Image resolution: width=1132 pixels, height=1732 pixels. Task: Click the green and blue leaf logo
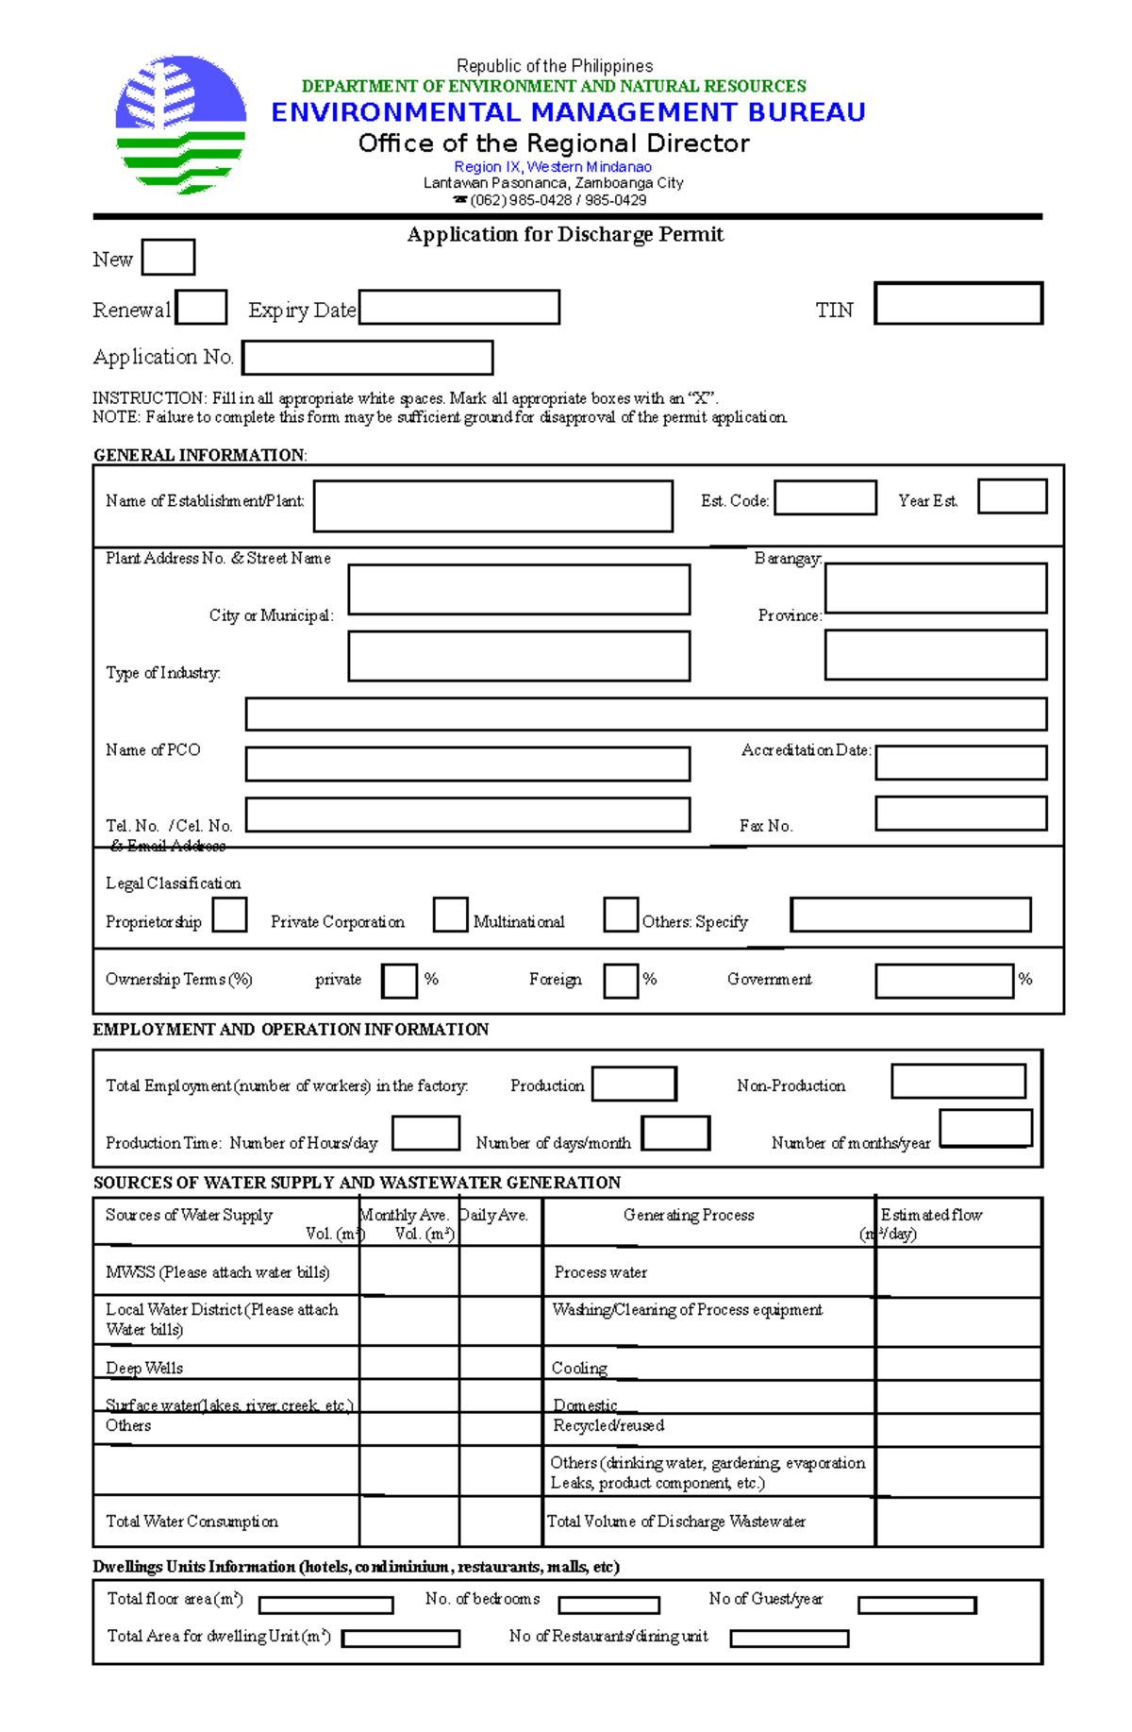180,125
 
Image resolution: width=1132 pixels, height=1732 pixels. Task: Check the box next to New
168,257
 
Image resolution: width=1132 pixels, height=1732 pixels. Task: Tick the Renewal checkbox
202,307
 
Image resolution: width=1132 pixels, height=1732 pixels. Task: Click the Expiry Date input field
459,307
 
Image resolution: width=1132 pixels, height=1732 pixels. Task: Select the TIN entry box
957,303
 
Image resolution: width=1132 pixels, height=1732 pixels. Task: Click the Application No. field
368,358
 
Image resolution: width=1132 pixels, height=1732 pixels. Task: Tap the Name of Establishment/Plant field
492,506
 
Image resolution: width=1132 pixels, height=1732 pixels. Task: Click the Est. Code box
824,497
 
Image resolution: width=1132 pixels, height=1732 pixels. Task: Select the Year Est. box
1011,496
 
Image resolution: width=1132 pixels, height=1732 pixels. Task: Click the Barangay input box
935,588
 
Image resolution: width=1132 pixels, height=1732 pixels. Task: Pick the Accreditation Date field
960,762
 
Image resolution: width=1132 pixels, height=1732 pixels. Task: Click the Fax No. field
960,813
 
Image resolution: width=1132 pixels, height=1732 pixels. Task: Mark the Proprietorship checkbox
229,915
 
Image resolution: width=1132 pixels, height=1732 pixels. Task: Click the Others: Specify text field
910,915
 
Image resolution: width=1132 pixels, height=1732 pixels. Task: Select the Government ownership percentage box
943,981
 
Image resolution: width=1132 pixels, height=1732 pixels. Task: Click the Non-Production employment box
957,1081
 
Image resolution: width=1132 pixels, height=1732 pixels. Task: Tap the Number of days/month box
675,1133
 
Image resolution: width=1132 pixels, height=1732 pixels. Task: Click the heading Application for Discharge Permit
565,234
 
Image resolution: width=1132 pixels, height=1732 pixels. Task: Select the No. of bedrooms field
608,1605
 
